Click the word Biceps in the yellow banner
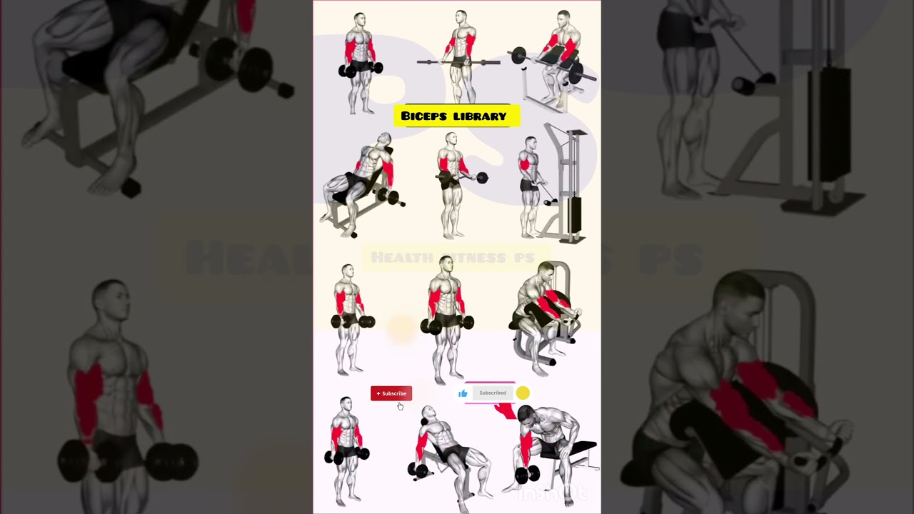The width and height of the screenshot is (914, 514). pyautogui.click(x=425, y=116)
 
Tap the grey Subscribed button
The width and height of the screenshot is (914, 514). pyautogui.click(x=493, y=393)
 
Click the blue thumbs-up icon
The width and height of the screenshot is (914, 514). pyautogui.click(x=463, y=393)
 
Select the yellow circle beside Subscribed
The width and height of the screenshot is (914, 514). pyautogui.click(x=523, y=393)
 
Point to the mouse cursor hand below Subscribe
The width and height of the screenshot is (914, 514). pyautogui.click(x=400, y=406)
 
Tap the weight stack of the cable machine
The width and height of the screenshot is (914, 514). pyautogui.click(x=573, y=218)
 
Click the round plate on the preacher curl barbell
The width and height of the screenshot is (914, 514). pyautogui.click(x=518, y=55)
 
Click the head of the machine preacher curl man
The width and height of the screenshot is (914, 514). pyautogui.click(x=546, y=272)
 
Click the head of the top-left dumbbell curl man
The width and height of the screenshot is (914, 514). pyautogui.click(x=359, y=19)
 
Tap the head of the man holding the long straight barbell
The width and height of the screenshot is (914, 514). pyautogui.click(x=461, y=17)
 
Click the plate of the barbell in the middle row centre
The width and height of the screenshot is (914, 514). pyautogui.click(x=482, y=178)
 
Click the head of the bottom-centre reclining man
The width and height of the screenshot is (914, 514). pyautogui.click(x=428, y=413)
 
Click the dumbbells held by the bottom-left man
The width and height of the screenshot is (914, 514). pyautogui.click(x=347, y=455)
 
